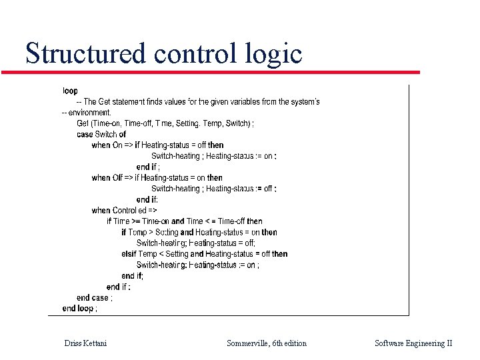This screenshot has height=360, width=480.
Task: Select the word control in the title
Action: (193, 53)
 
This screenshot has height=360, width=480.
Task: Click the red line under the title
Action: (220, 72)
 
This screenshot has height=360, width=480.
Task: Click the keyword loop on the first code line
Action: (70, 91)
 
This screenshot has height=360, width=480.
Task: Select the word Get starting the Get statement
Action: (83, 123)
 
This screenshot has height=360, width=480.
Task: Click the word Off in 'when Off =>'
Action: (117, 177)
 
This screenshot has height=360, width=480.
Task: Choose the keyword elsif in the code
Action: (129, 254)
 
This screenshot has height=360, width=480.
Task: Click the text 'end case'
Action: (93, 297)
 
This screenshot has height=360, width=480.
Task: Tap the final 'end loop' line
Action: (78, 308)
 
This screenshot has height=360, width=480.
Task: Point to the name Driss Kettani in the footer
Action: (85, 343)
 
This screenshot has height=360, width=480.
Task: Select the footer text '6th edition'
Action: (289, 343)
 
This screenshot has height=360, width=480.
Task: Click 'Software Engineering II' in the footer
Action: (413, 343)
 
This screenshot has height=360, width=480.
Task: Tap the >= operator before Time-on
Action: (135, 221)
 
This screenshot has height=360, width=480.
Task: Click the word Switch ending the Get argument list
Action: (237, 123)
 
